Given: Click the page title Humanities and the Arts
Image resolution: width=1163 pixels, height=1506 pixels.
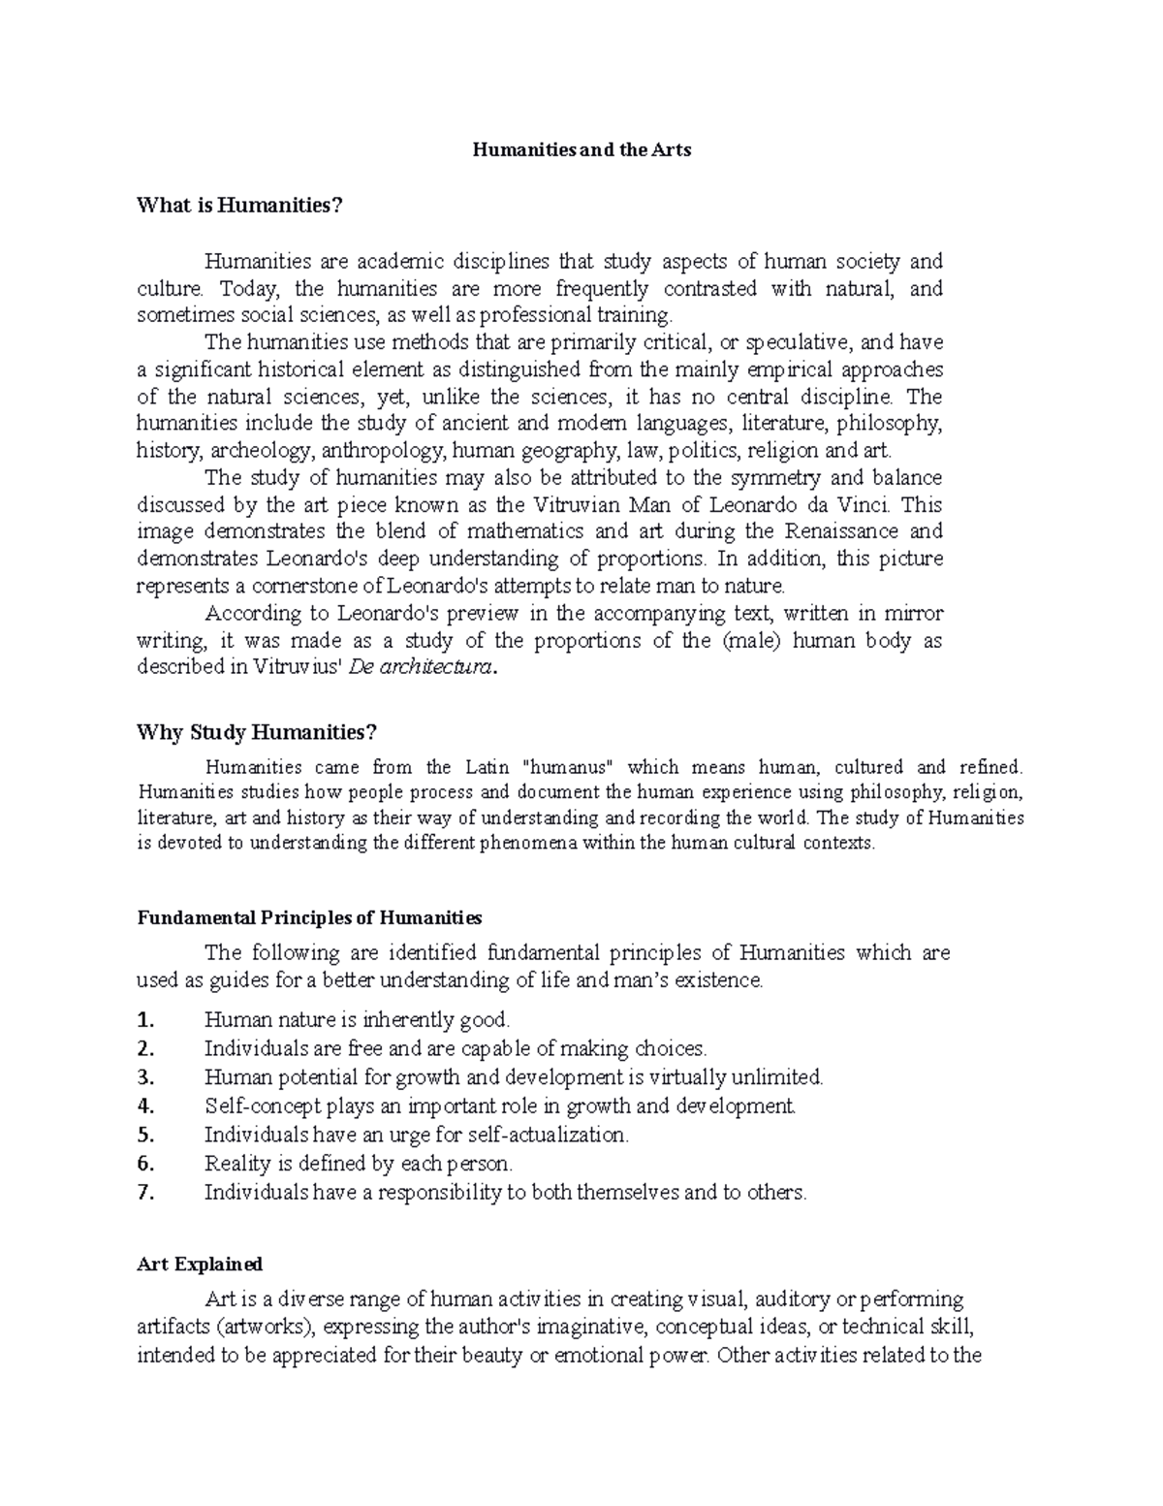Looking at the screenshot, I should point(581,150).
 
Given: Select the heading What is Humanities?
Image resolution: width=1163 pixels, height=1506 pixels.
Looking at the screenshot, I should point(240,206).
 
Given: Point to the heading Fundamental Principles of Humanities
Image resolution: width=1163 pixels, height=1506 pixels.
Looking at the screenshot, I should point(309,917).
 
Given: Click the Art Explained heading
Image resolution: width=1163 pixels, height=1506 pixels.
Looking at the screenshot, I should point(200,1265).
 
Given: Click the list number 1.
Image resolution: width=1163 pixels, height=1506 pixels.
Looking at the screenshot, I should point(145,1020).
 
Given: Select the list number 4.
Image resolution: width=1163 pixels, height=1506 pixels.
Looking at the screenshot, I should point(145,1106).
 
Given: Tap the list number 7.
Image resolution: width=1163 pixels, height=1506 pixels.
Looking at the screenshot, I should point(145,1193).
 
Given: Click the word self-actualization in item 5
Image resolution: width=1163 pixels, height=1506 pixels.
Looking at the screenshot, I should point(548,1135).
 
